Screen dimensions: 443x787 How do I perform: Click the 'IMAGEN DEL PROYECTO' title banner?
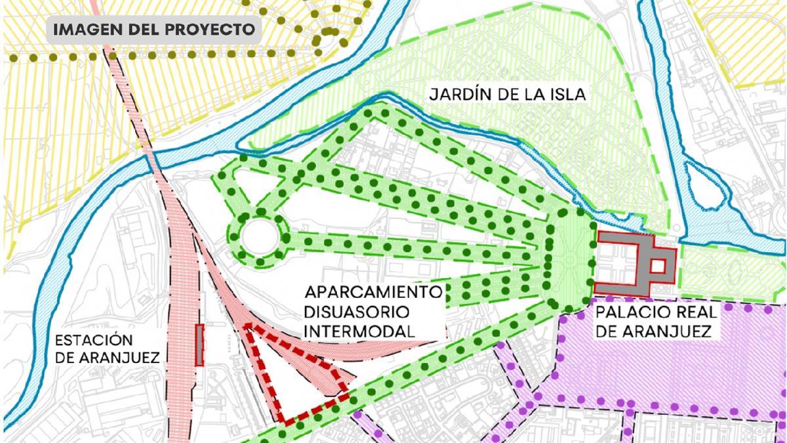[153, 30]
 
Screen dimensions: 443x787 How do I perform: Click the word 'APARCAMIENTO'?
[373, 293]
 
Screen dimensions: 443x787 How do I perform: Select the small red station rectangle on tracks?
[199, 345]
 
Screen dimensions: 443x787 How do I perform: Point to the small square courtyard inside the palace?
[658, 266]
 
